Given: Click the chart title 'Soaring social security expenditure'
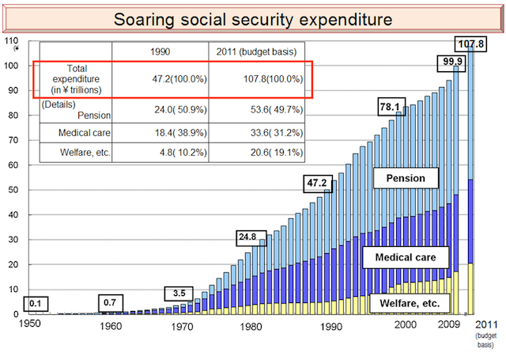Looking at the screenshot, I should pos(254,17).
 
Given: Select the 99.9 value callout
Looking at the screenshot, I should pos(452,62).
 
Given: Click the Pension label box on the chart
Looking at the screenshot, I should pos(406,178).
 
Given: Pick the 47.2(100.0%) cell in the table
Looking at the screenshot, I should pos(161,80).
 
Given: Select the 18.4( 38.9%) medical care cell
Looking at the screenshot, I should pos(161,132).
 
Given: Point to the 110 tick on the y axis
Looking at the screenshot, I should pos(11,40).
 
